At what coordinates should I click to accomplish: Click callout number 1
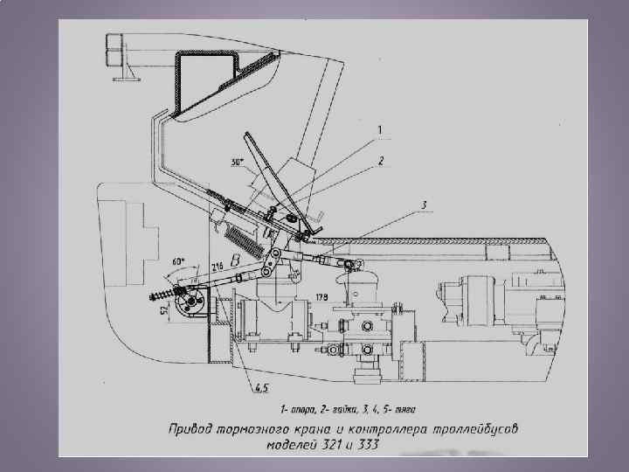[x=379, y=130]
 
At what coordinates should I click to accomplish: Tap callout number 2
[x=381, y=161]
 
